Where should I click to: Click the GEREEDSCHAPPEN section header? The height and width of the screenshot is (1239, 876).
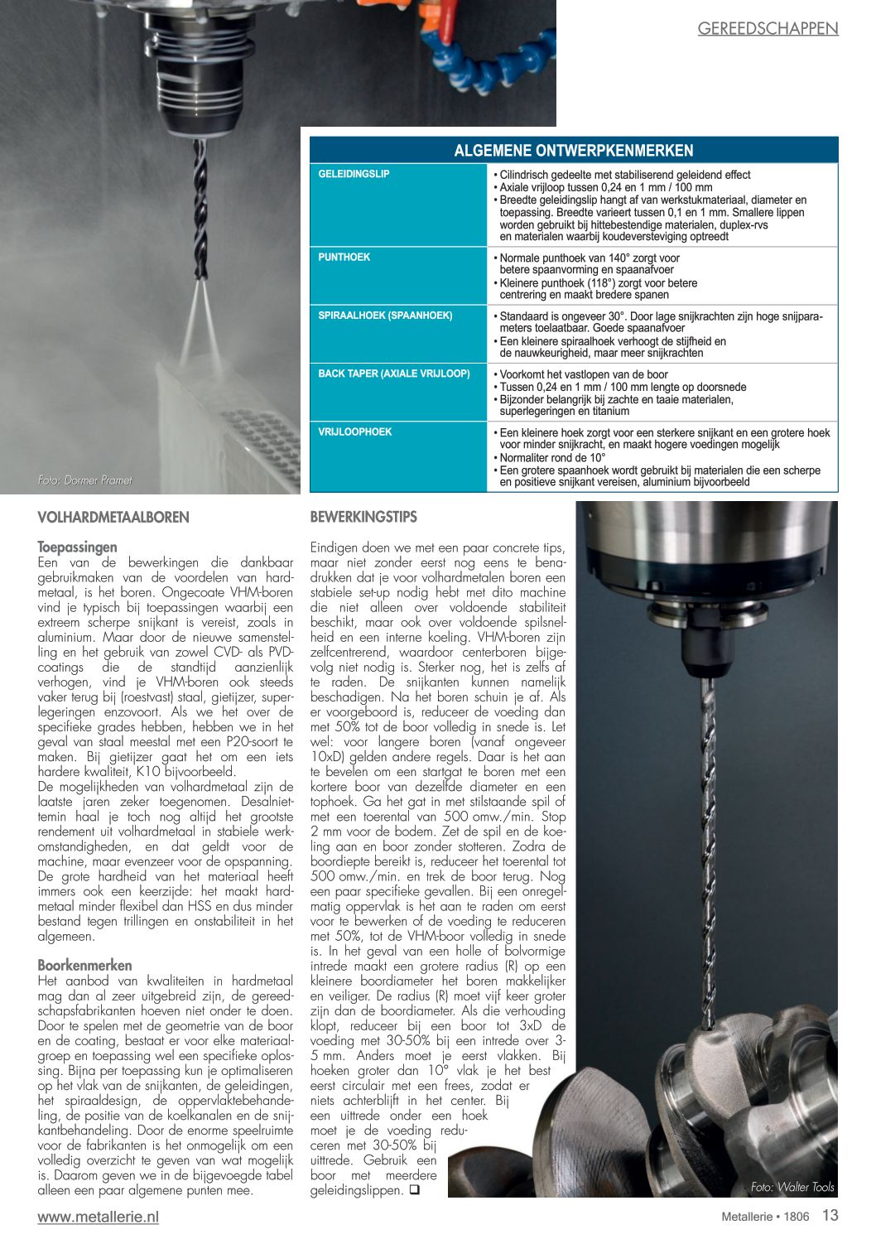pos(768,28)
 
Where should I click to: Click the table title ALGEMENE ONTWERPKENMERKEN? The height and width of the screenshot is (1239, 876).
pos(573,151)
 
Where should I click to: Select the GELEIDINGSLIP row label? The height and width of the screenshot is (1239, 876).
pos(354,174)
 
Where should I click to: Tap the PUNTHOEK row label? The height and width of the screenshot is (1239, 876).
pos(344,258)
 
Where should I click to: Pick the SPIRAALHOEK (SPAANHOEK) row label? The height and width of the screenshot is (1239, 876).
pos(385,316)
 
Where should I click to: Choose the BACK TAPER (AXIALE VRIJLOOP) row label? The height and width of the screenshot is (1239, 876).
pos(393,374)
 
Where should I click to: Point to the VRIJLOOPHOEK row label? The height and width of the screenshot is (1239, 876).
pos(354,431)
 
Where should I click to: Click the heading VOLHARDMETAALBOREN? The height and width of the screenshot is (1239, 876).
pos(113,518)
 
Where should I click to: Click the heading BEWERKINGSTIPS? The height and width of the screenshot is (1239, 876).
pos(363,517)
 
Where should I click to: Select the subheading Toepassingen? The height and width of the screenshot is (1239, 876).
pos(77,547)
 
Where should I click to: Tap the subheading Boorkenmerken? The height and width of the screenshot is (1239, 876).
pos(84,965)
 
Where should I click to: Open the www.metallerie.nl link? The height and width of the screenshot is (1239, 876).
pos(98,1217)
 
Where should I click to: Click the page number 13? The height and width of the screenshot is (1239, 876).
pos(830,1216)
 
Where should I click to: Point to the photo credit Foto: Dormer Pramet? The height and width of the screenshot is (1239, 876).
pos(84,480)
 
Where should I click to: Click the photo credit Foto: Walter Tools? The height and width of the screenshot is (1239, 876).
pos(792,1187)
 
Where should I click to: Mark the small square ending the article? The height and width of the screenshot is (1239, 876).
pos(414,1190)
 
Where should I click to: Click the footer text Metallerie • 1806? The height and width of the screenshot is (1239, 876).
pos(764,1217)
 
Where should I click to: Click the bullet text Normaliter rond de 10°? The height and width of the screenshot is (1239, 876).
pos(552,457)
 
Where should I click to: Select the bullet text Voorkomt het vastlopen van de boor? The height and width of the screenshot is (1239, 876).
pos(583,374)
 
